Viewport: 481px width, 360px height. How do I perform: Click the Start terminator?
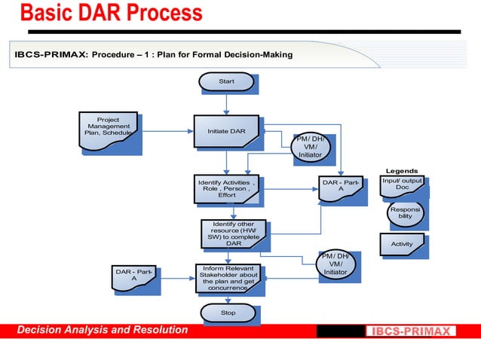[x=226, y=81]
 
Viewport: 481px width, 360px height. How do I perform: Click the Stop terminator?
[x=228, y=313]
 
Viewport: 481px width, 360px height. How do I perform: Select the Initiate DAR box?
[x=226, y=131]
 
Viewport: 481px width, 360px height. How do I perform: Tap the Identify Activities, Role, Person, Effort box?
[x=226, y=189]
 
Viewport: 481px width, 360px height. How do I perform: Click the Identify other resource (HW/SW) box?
[x=233, y=233]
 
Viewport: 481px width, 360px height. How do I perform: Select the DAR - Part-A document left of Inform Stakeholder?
[x=134, y=276]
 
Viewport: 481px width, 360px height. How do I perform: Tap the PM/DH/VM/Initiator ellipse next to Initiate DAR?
[x=310, y=147]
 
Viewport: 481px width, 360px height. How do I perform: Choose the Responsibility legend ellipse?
[x=405, y=212]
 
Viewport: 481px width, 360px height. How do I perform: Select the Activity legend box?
[x=402, y=244]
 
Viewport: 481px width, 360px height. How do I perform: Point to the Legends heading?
[x=402, y=171]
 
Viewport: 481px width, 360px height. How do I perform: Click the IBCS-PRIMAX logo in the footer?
[x=411, y=331]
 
